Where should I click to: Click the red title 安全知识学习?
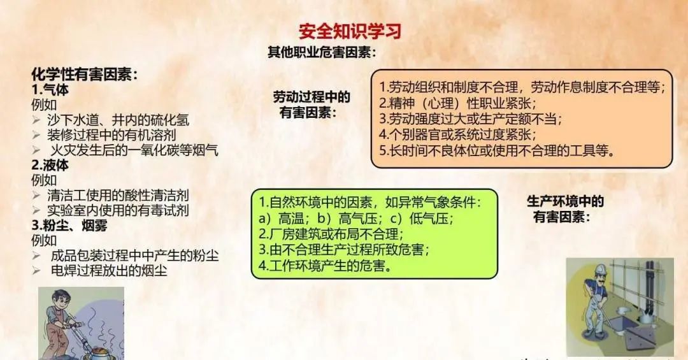point(350,31)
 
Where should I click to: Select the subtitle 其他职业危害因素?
point(322,52)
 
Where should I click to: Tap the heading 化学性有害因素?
point(84,74)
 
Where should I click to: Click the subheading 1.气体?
point(50,90)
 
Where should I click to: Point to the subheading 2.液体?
point(50,165)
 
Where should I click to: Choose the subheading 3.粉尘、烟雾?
point(69,225)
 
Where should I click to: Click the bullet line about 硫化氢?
point(118,120)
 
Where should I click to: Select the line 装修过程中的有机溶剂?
point(111,135)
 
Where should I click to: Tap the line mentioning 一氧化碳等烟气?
point(134,150)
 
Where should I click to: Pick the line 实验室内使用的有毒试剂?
point(118,210)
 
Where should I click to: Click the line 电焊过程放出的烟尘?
point(109,270)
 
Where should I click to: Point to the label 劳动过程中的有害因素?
point(311,104)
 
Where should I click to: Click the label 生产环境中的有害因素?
point(565,208)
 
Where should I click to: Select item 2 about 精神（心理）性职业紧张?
point(457,103)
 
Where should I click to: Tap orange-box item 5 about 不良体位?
point(496,150)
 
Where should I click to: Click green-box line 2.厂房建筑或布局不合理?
point(331,234)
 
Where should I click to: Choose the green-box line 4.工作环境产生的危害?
point(325,265)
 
